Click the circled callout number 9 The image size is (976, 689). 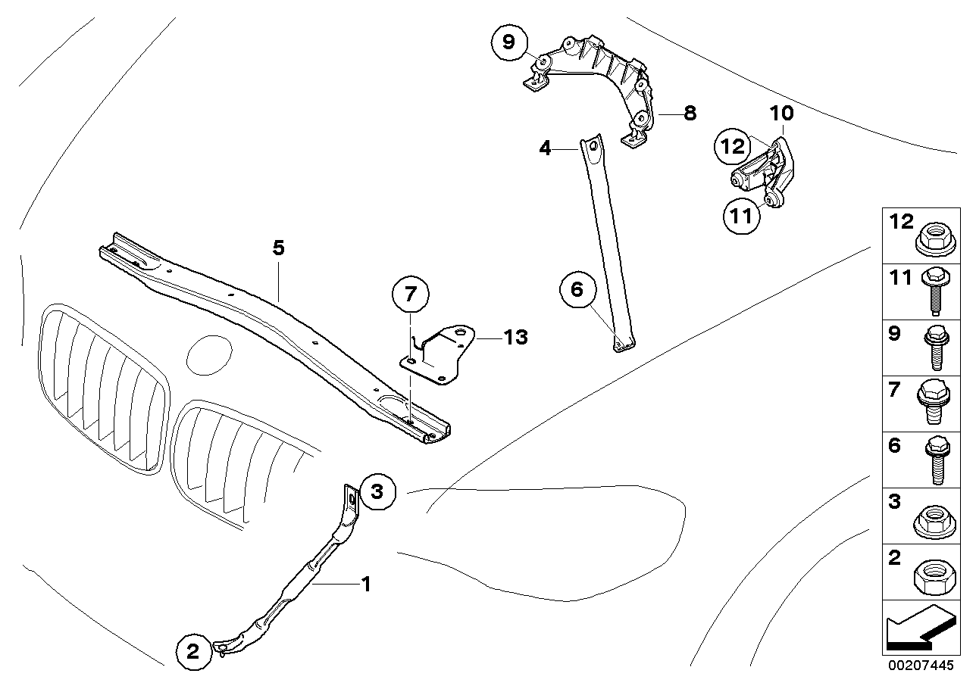[508, 42]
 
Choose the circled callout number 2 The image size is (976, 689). [192, 650]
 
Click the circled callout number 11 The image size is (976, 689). [740, 215]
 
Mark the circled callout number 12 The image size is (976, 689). [734, 146]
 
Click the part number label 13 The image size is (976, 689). [515, 337]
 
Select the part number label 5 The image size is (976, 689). [279, 248]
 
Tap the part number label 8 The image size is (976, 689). [689, 114]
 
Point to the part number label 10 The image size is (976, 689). [782, 114]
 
